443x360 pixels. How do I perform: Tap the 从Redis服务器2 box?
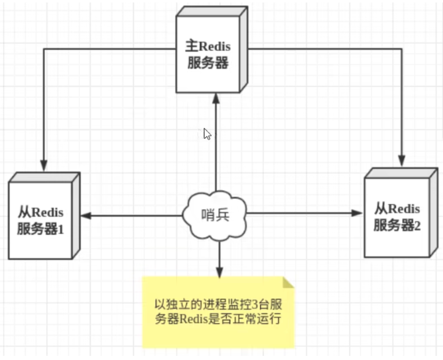point(396,217)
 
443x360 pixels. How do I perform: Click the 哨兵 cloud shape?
point(215,215)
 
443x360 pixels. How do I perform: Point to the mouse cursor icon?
point(207,134)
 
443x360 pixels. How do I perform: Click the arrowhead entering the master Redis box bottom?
point(215,99)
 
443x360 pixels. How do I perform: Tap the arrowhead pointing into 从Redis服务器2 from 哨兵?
point(357,213)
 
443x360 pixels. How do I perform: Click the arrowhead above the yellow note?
point(219,272)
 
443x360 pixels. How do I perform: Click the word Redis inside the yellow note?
point(197,319)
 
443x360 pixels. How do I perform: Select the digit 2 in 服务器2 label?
point(417,226)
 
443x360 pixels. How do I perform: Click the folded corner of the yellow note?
point(289,282)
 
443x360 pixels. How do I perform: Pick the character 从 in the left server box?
point(24,213)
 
